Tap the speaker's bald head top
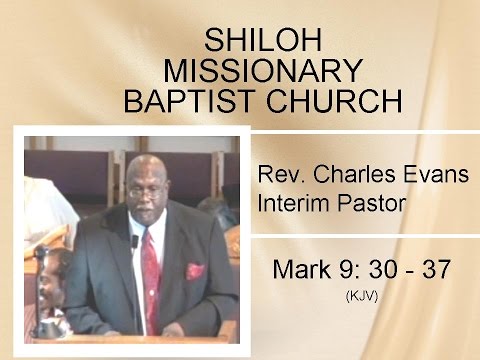click(148, 162)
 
